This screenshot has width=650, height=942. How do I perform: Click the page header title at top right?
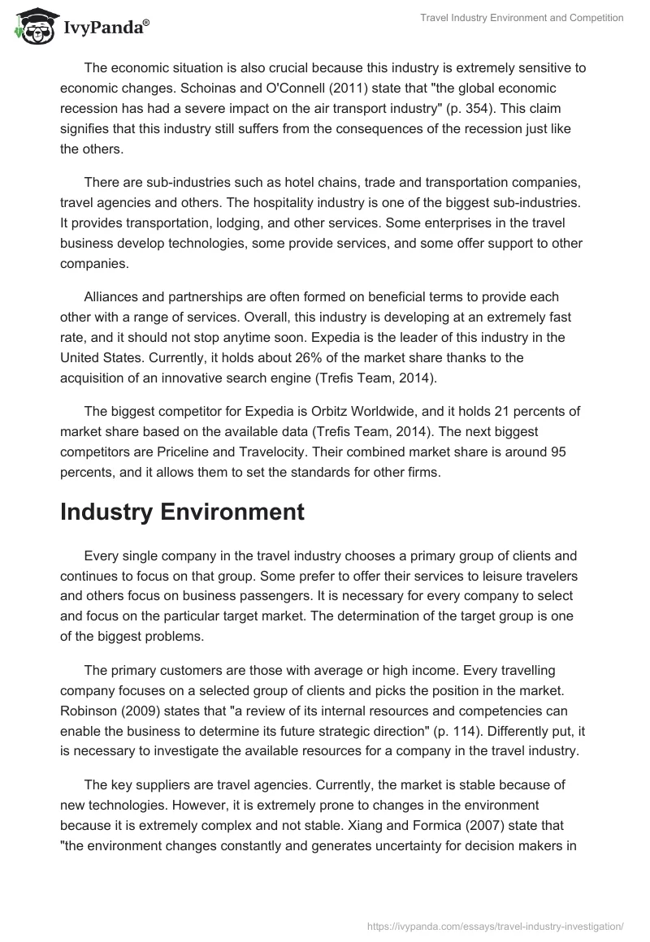click(x=521, y=18)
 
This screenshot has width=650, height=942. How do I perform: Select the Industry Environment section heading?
click(x=182, y=512)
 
